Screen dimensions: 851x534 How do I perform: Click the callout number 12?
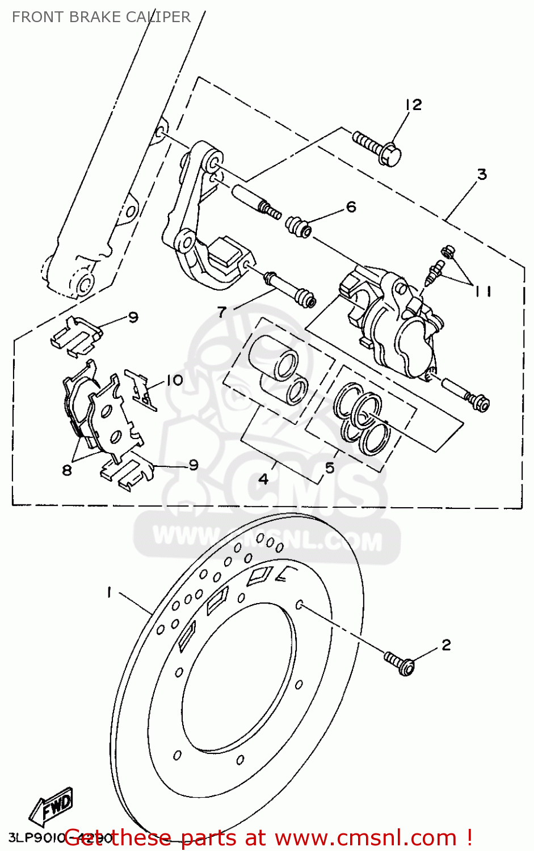coord(414,105)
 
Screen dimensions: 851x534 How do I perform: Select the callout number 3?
coord(482,174)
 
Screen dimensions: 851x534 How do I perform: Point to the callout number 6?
coord(351,207)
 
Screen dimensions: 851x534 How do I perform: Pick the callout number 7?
coord(222,311)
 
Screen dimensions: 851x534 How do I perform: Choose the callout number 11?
coord(483,291)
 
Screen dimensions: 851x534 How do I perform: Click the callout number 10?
coord(175,380)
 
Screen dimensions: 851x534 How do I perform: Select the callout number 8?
coord(67,470)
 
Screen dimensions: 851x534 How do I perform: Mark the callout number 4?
coord(263,479)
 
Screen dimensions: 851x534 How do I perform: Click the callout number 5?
coord(330,468)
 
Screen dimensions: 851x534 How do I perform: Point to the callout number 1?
coord(108,592)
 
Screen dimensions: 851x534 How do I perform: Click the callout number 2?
coord(446,645)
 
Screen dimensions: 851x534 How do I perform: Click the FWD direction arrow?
coord(52,806)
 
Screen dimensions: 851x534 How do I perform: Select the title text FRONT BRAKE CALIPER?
coord(101,17)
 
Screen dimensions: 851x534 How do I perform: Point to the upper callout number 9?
coord(133,317)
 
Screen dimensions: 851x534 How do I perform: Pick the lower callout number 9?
coord(194,465)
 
